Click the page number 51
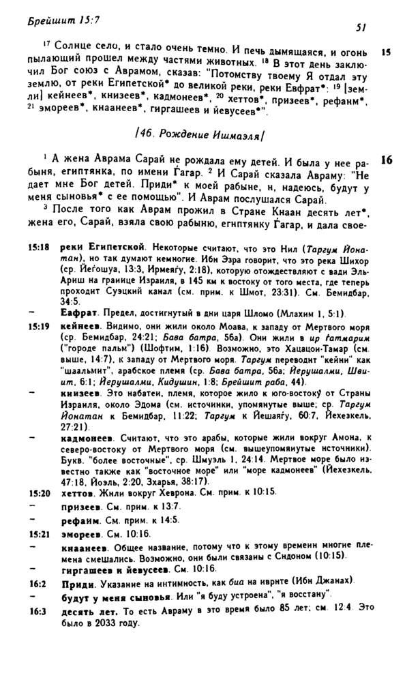coord(361,29)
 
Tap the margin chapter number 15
coord(386,52)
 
